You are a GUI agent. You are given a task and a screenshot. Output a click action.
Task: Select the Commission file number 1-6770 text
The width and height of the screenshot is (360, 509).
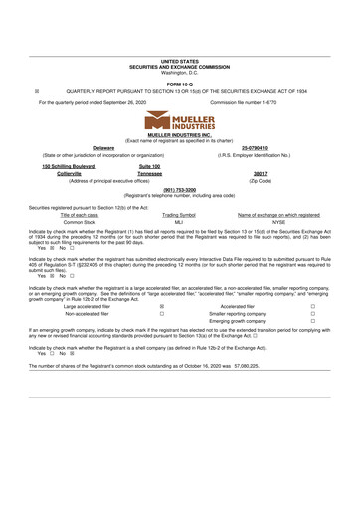(x=253, y=102)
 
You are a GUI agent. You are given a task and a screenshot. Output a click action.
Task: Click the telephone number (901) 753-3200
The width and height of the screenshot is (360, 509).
(x=179, y=188)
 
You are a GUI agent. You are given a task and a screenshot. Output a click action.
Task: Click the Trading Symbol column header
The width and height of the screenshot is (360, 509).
(x=179, y=215)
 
